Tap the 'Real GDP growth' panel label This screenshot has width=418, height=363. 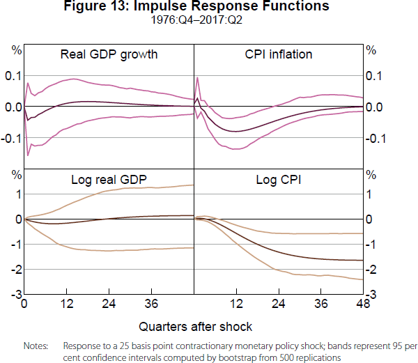(109, 54)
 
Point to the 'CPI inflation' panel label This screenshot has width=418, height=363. (278, 54)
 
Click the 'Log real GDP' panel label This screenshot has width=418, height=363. (109, 180)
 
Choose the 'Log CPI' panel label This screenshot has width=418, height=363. (278, 180)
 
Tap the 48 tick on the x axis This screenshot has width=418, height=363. (363, 304)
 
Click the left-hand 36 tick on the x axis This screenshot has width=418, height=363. (151, 304)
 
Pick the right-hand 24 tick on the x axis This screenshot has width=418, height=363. (278, 304)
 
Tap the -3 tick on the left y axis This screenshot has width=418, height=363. (15, 295)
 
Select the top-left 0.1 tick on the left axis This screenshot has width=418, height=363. (13, 75)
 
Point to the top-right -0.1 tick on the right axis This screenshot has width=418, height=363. (375, 138)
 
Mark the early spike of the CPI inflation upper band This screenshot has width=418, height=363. (198, 77)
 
